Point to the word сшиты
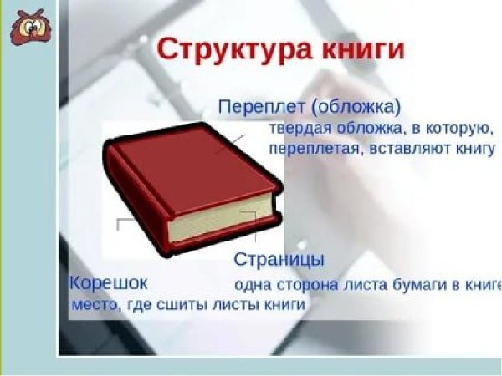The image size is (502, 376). (x=189, y=305)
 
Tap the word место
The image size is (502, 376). (x=94, y=305)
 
